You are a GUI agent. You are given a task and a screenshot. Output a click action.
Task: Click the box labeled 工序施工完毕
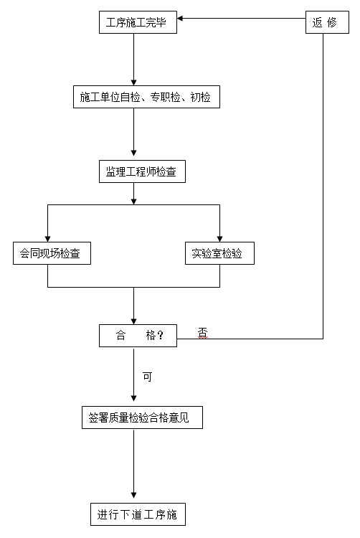tap(138, 22)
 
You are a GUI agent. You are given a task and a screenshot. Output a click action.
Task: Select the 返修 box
tap(327, 22)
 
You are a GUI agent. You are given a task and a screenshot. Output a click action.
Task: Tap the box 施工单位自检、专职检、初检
tap(146, 97)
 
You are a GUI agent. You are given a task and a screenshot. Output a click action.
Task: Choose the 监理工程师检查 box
tap(142, 171)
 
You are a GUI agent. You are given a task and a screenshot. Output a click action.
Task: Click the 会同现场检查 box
tap(52, 253)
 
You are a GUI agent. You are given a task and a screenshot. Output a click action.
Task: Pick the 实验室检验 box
tap(219, 253)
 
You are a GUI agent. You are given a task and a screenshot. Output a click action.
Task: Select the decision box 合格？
tap(138, 336)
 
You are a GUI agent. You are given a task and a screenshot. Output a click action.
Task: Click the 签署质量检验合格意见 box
tap(142, 417)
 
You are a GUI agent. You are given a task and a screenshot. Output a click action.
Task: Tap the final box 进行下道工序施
tap(138, 514)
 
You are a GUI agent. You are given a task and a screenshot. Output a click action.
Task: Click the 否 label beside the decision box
tap(203, 332)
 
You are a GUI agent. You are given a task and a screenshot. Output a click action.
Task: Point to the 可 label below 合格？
tap(147, 377)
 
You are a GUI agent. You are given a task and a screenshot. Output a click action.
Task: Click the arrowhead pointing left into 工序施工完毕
tap(180, 18)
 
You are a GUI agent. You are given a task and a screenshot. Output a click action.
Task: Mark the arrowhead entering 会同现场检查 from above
tap(47, 239)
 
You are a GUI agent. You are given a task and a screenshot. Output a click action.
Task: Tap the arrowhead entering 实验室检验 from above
tap(219, 239)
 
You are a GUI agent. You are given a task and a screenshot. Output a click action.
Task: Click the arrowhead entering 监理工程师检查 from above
tap(133, 153)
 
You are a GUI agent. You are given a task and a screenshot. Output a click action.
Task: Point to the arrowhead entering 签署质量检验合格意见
tap(133, 398)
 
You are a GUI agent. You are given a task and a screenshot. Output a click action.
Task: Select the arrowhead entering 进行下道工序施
tap(133, 495)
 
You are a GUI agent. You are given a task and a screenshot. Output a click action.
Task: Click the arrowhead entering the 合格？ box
tap(133, 321)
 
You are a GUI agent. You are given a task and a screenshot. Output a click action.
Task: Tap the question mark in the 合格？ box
tap(160, 335)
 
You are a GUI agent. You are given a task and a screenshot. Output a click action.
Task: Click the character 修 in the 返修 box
tap(332, 22)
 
